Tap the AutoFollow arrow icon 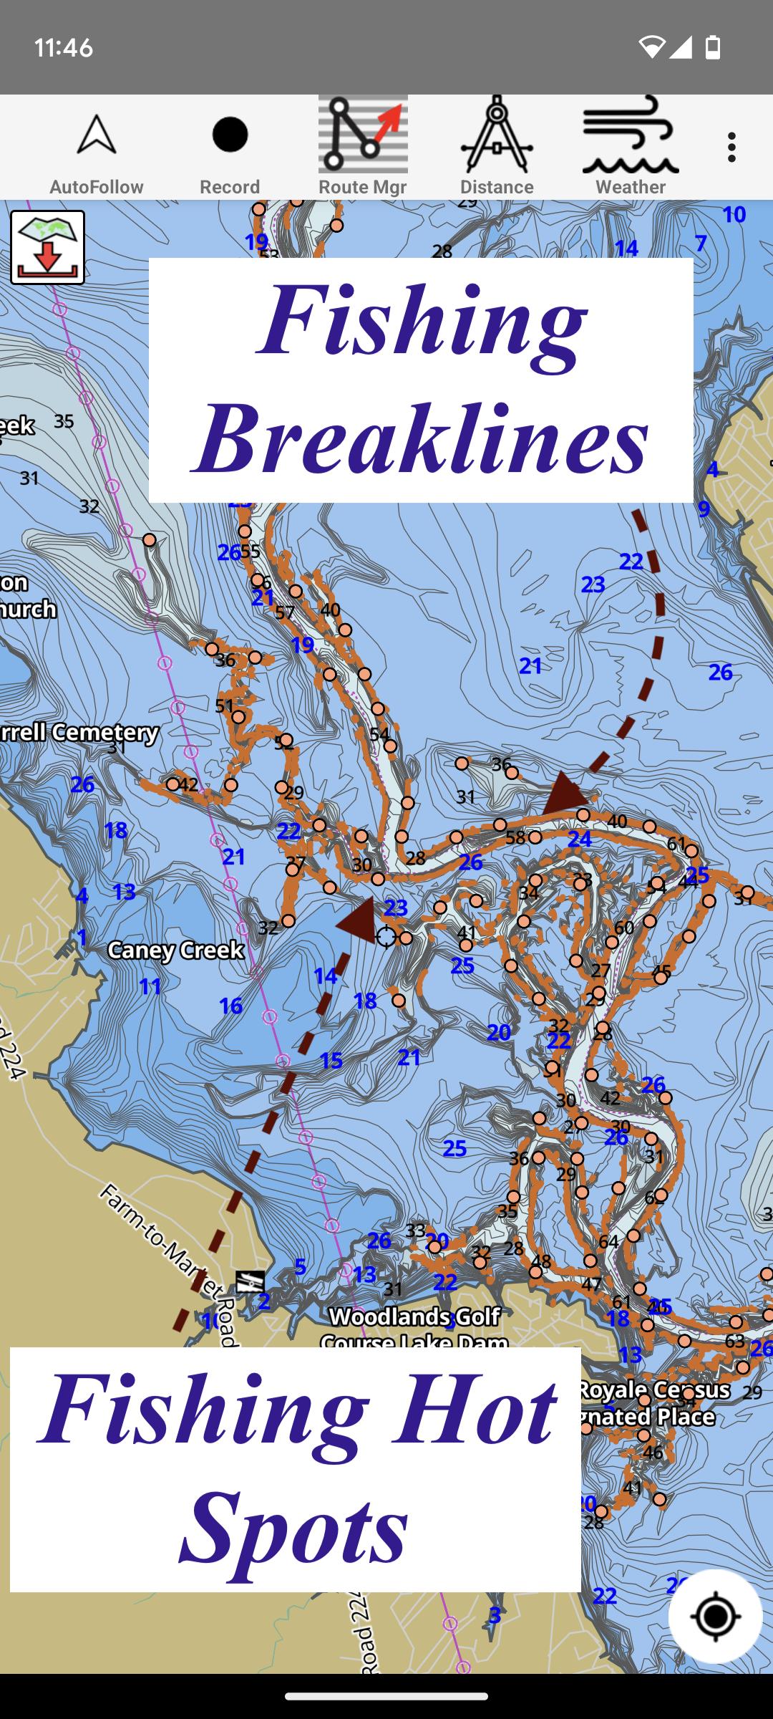pos(97,135)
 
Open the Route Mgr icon pos(363,135)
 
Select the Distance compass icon pos(497,135)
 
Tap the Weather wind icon pos(630,135)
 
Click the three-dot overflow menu pos(731,148)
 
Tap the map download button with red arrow pos(47,247)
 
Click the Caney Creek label pos(175,950)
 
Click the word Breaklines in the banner pos(421,438)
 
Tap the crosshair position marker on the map pos(386,936)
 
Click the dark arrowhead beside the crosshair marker pos(358,920)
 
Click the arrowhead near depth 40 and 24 pos(564,794)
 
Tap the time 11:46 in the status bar pos(63,48)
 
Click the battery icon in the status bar pos(713,47)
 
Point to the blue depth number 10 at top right pos(734,214)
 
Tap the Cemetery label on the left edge pos(79,732)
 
